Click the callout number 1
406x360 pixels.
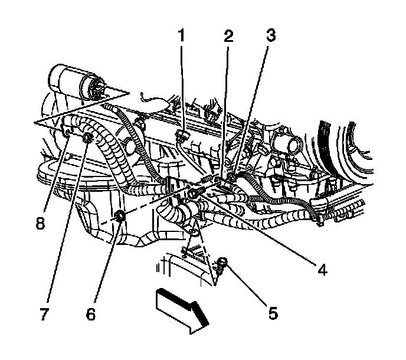tap(182, 36)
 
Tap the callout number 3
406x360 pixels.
tap(270, 36)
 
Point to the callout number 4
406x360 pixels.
tap(322, 270)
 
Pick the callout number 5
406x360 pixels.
tap(273, 313)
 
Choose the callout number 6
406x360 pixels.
tap(90, 314)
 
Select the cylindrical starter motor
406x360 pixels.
tap(74, 83)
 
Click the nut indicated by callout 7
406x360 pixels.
tap(87, 139)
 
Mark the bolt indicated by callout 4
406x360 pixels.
tap(193, 193)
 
